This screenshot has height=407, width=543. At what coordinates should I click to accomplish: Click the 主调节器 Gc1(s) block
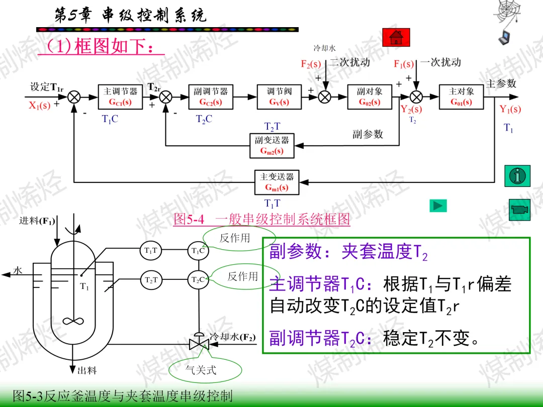[120, 97]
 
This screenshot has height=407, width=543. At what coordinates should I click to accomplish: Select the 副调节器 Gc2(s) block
[211, 97]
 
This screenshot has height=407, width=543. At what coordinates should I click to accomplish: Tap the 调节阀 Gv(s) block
[279, 97]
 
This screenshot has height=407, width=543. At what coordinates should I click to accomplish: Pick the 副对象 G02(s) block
[370, 97]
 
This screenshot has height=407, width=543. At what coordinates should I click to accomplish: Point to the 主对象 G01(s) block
[461, 97]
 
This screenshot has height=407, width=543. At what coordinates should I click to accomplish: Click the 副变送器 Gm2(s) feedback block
[272, 146]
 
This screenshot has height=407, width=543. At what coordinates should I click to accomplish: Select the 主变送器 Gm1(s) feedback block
[277, 182]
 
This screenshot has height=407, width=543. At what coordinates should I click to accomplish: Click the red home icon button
[396, 37]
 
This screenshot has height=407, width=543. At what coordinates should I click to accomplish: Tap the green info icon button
[517, 176]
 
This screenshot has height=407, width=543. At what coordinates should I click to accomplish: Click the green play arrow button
[438, 206]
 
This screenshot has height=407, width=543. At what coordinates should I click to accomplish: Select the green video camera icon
[519, 210]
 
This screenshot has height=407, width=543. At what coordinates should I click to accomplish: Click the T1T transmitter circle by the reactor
[151, 250]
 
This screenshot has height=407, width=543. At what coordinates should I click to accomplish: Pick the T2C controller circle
[198, 280]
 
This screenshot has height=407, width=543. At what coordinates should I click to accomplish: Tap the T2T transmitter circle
[151, 280]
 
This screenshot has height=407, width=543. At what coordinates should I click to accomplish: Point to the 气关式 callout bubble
[205, 370]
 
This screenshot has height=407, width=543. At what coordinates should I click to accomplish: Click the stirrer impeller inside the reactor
[73, 321]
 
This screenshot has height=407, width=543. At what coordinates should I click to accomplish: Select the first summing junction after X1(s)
[74, 97]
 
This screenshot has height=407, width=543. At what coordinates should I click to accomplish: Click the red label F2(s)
[311, 64]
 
